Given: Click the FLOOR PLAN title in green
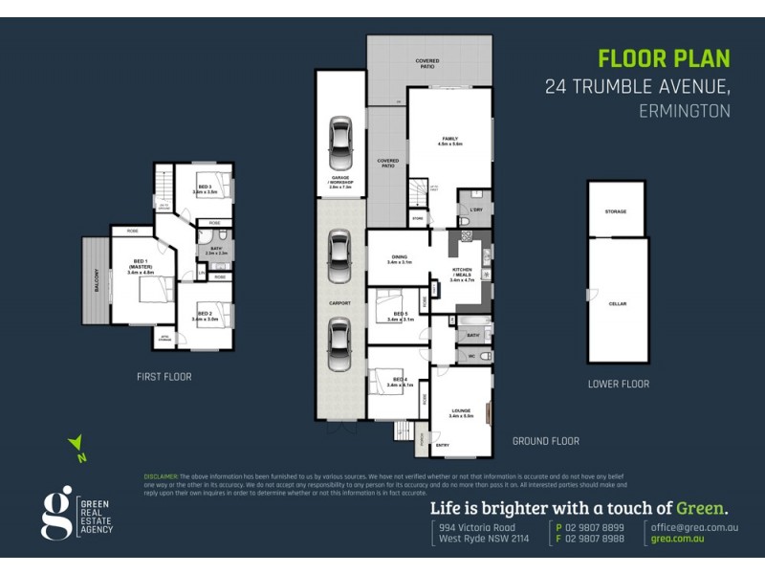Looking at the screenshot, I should tap(664, 58).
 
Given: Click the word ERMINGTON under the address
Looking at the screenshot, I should tap(684, 111).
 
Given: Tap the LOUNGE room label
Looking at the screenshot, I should tap(461, 413).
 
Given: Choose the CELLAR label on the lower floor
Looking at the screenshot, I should tap(616, 303).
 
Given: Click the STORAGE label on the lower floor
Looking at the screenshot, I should tap(615, 210).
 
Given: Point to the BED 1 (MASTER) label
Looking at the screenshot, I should tap(140, 267).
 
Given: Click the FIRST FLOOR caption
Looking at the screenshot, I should tap(164, 377).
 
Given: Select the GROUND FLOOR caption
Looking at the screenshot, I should tap(545, 441).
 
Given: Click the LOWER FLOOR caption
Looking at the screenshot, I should tap(619, 384).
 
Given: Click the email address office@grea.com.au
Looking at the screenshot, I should tap(694, 527).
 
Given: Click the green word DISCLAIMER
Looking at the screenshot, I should tap(160, 475).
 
